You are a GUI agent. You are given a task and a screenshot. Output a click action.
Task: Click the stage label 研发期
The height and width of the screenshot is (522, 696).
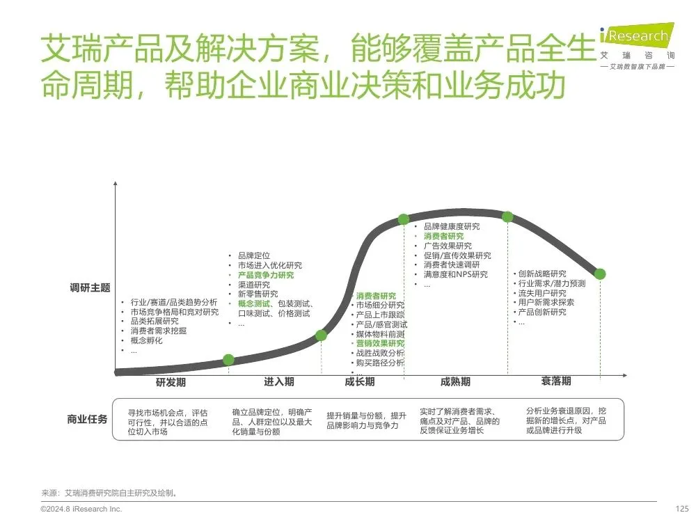point(171,382)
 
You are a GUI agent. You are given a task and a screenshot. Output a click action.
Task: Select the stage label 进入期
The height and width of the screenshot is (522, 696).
point(278,381)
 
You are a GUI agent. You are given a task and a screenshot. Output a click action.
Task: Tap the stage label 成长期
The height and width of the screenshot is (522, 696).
point(359,381)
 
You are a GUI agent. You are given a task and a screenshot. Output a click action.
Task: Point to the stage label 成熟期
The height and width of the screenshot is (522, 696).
point(455,381)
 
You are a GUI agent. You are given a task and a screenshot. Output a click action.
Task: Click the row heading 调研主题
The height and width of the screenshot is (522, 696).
point(90,288)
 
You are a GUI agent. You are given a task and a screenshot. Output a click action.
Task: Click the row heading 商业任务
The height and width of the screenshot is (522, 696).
point(87,419)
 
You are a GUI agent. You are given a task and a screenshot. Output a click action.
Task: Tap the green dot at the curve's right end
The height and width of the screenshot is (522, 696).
point(600,274)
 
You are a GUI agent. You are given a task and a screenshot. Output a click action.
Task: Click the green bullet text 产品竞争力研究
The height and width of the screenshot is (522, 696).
point(266,275)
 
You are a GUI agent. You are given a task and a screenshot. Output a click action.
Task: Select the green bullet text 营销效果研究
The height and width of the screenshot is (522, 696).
point(379,343)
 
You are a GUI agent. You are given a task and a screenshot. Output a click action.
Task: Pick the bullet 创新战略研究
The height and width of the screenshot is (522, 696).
point(542,274)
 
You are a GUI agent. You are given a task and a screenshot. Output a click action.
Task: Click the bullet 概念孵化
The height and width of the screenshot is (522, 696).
point(146,340)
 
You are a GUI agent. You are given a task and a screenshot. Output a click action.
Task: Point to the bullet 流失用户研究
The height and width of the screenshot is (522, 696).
point(542,293)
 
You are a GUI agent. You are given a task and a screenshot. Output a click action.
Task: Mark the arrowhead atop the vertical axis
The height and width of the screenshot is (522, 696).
point(115,184)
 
